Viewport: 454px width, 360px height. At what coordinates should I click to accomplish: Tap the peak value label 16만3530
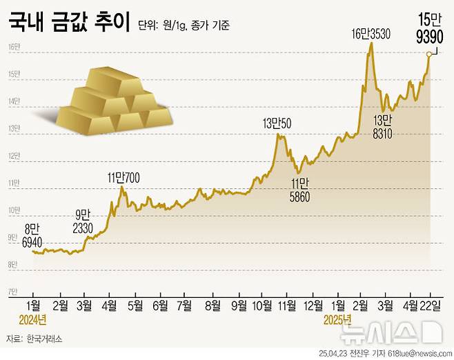pyautogui.click(x=371, y=33)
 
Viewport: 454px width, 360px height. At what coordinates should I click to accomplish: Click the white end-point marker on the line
pyautogui.click(x=428, y=54)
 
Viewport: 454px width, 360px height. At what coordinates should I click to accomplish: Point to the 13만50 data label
pyautogui.click(x=277, y=123)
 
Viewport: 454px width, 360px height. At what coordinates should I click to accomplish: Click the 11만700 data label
pyautogui.click(x=124, y=177)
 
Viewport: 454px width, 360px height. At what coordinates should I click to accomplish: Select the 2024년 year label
pyautogui.click(x=32, y=320)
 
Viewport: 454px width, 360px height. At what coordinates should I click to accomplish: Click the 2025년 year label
pyautogui.click(x=338, y=320)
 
